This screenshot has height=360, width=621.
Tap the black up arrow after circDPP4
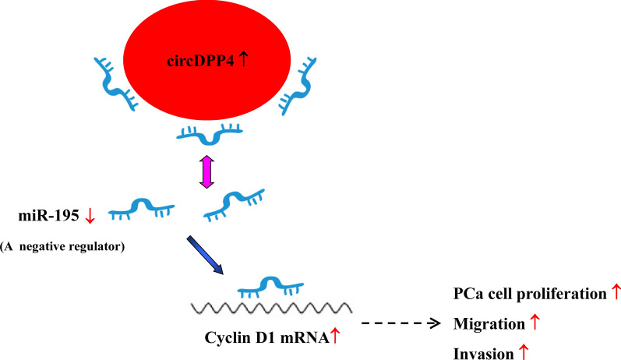(x=243, y=58)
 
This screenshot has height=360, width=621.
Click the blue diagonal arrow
(x=206, y=256)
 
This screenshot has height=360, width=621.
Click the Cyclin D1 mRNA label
(x=261, y=338)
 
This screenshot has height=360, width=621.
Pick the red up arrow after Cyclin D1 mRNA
(x=336, y=337)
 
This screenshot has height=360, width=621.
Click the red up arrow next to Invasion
(x=524, y=351)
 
